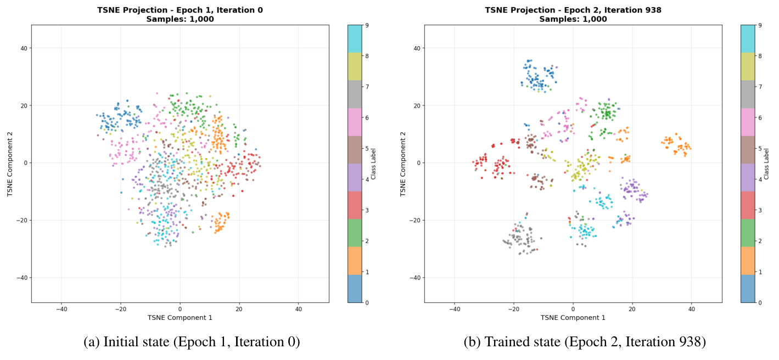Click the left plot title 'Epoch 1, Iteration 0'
coord(180,10)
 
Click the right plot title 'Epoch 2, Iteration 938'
coord(573,10)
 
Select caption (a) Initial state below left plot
coord(192,342)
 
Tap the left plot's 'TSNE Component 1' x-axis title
coord(180,317)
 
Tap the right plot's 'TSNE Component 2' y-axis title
coord(403,163)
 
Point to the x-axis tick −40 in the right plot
coord(454,309)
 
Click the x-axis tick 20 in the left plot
coord(239,309)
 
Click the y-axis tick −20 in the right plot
coord(414,220)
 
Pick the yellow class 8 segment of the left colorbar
coord(355,66)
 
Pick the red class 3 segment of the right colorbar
coord(748,205)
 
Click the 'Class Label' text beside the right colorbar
coord(768,163)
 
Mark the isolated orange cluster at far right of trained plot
coord(675,145)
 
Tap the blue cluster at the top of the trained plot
coord(538,76)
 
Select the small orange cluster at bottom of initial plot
coord(221,222)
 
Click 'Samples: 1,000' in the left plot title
coord(180,19)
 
